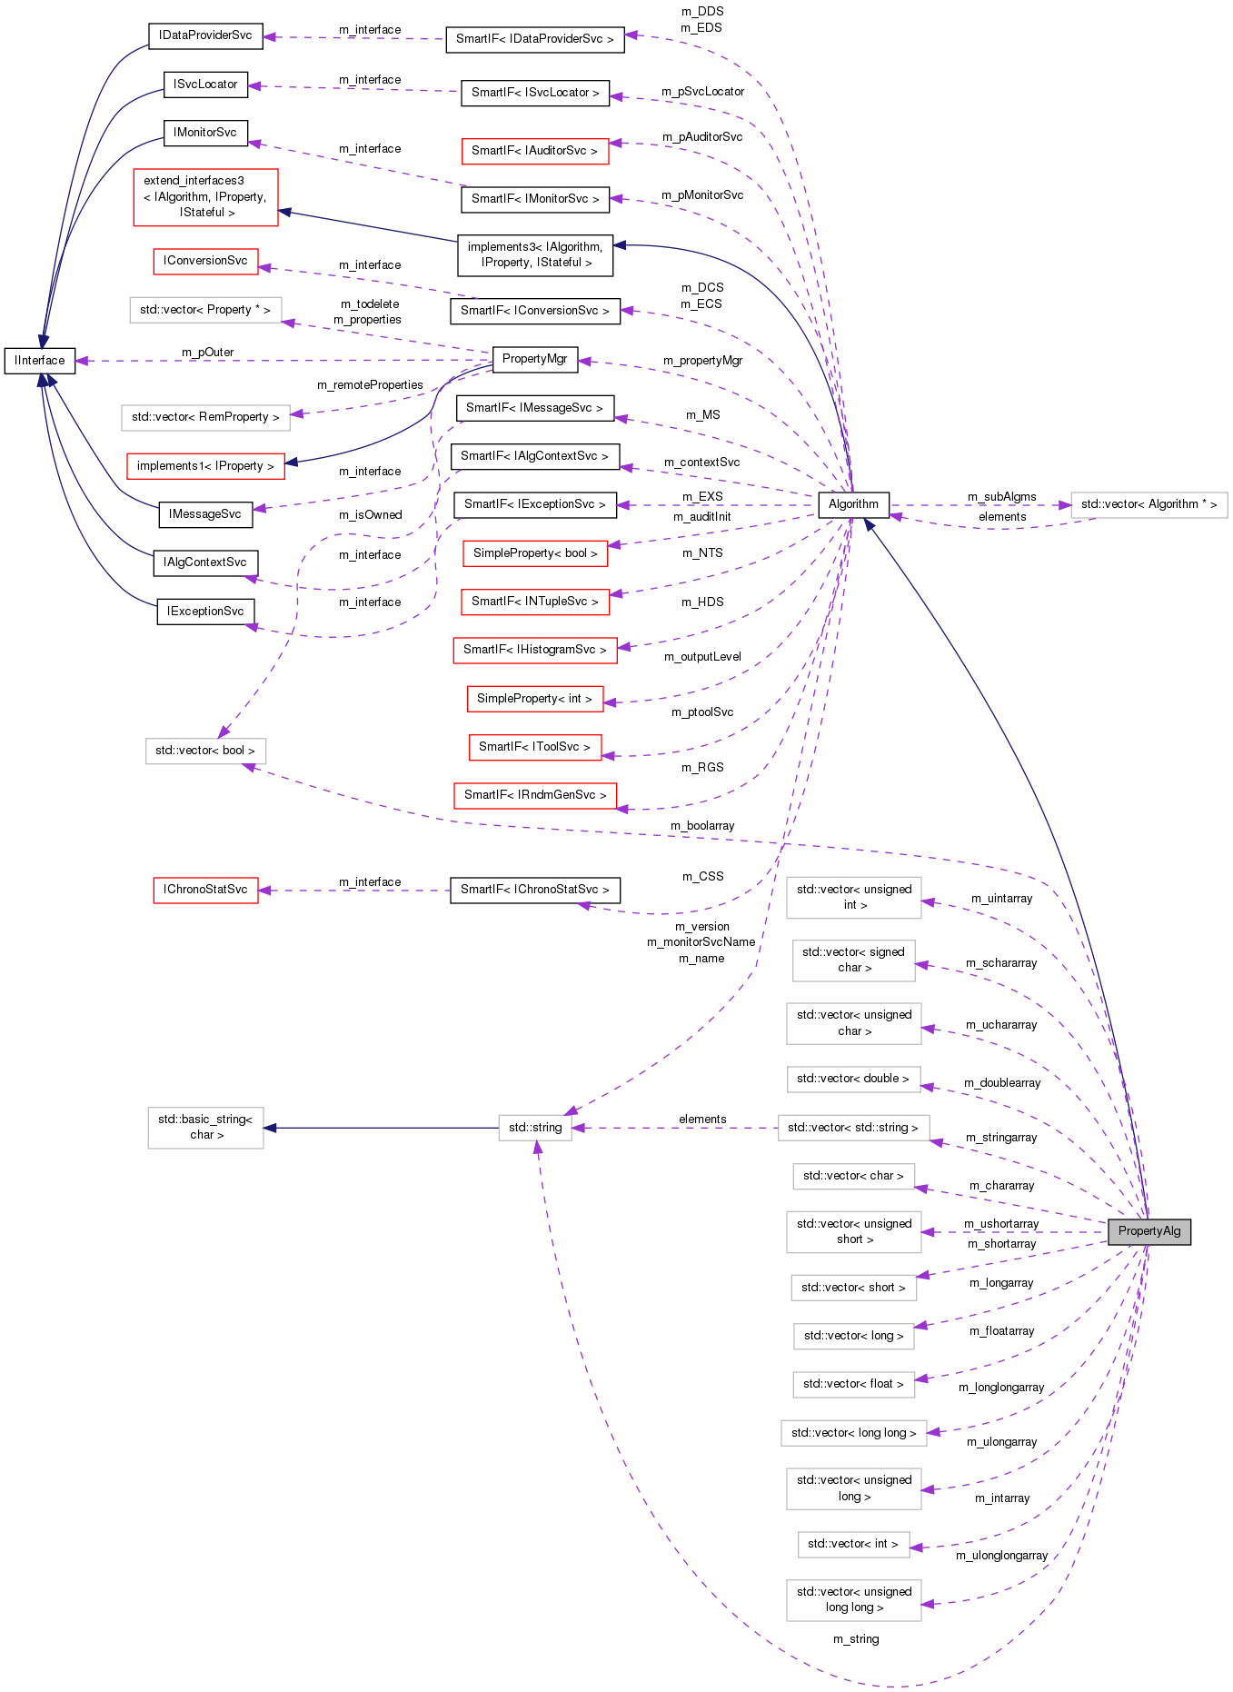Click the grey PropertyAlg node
pos(1148,1231)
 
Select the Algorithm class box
pos(853,504)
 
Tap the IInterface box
pos(40,361)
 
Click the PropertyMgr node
pos(534,359)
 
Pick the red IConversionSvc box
pos(205,261)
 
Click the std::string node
pos(535,1128)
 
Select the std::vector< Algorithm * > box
pos(1148,504)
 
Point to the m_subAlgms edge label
pos(1001,496)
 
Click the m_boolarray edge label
pos(702,825)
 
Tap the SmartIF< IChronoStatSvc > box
pos(534,890)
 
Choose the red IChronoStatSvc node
pos(205,890)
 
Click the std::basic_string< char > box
pos(205,1128)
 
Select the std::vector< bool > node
pos(205,751)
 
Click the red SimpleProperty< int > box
pos(534,699)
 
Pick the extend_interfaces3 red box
pos(205,196)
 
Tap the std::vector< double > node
pos(853,1079)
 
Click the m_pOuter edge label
pos(207,352)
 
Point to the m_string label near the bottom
pos(856,1638)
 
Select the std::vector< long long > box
pos(853,1433)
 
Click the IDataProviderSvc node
pos(205,35)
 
